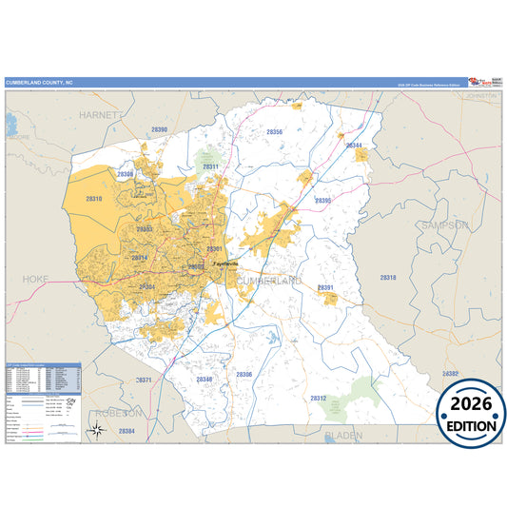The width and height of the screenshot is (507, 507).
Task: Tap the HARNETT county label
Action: (x=104, y=114)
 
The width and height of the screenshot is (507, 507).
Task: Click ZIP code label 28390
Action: (x=159, y=129)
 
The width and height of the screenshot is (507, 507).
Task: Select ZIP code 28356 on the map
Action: (x=274, y=132)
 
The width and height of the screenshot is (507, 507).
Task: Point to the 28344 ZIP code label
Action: (x=354, y=145)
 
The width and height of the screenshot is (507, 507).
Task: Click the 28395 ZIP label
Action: (x=322, y=201)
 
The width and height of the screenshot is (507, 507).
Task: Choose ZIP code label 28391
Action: (x=324, y=286)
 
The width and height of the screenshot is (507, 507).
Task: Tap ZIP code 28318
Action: (x=387, y=277)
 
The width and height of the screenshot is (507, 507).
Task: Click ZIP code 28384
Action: (x=127, y=431)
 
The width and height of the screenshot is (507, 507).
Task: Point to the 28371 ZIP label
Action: (x=144, y=380)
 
